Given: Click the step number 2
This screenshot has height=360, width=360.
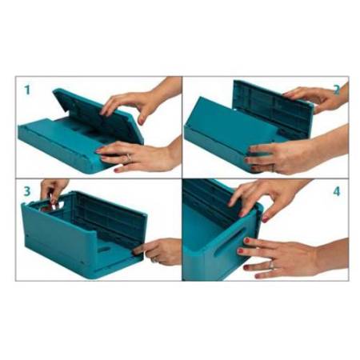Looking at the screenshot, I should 336,89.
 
